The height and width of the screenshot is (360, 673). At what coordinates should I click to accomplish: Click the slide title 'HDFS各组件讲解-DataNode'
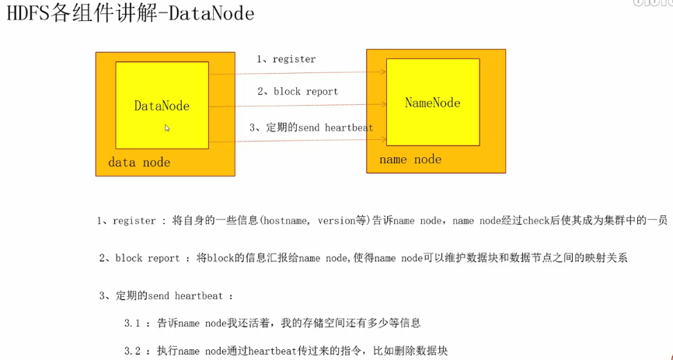coord(130,15)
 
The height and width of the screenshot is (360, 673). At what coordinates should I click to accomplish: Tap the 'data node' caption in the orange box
coord(139,163)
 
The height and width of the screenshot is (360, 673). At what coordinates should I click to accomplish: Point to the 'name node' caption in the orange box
coord(410,159)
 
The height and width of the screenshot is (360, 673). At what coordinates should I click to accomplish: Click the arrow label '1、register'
coord(286,59)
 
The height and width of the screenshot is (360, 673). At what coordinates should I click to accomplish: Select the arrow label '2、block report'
coord(298,92)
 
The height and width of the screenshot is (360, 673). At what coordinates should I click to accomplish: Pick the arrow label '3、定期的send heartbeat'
coord(311,128)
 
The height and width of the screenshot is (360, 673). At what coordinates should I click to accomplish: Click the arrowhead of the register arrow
coord(383,72)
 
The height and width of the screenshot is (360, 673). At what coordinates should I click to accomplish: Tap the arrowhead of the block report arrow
coord(383,105)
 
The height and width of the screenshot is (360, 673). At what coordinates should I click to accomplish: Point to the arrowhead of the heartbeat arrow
coord(383,140)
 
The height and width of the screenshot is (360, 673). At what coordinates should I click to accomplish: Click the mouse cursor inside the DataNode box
coord(167,128)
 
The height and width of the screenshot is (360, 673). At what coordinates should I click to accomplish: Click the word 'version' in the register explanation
coord(336,221)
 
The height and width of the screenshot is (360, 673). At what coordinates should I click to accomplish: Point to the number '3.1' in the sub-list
coord(132,323)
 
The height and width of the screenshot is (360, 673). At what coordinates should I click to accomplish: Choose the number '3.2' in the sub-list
coord(132,351)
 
